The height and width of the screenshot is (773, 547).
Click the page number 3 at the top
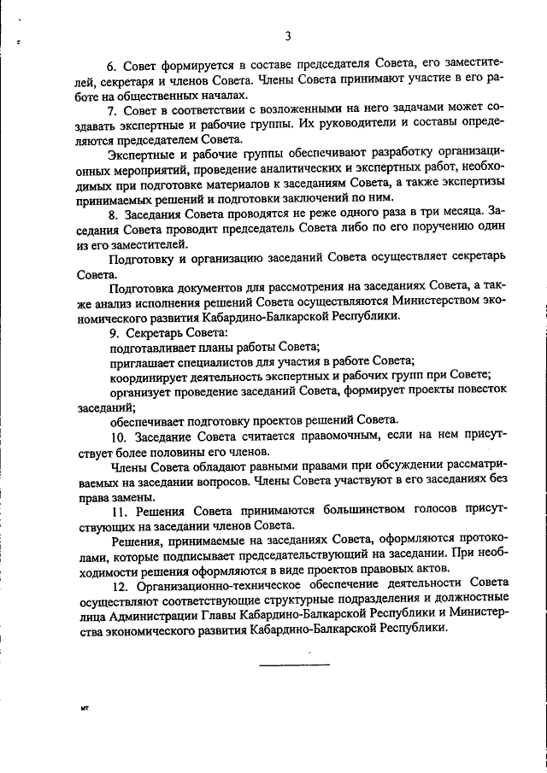tap(288, 35)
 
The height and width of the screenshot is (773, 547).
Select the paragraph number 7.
tap(111, 110)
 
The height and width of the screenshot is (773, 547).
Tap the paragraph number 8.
tap(111, 212)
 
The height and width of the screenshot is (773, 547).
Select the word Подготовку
tap(141, 257)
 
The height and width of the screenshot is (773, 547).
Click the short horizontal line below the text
tap(294, 665)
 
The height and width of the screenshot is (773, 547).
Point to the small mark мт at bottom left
tap(85, 708)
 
